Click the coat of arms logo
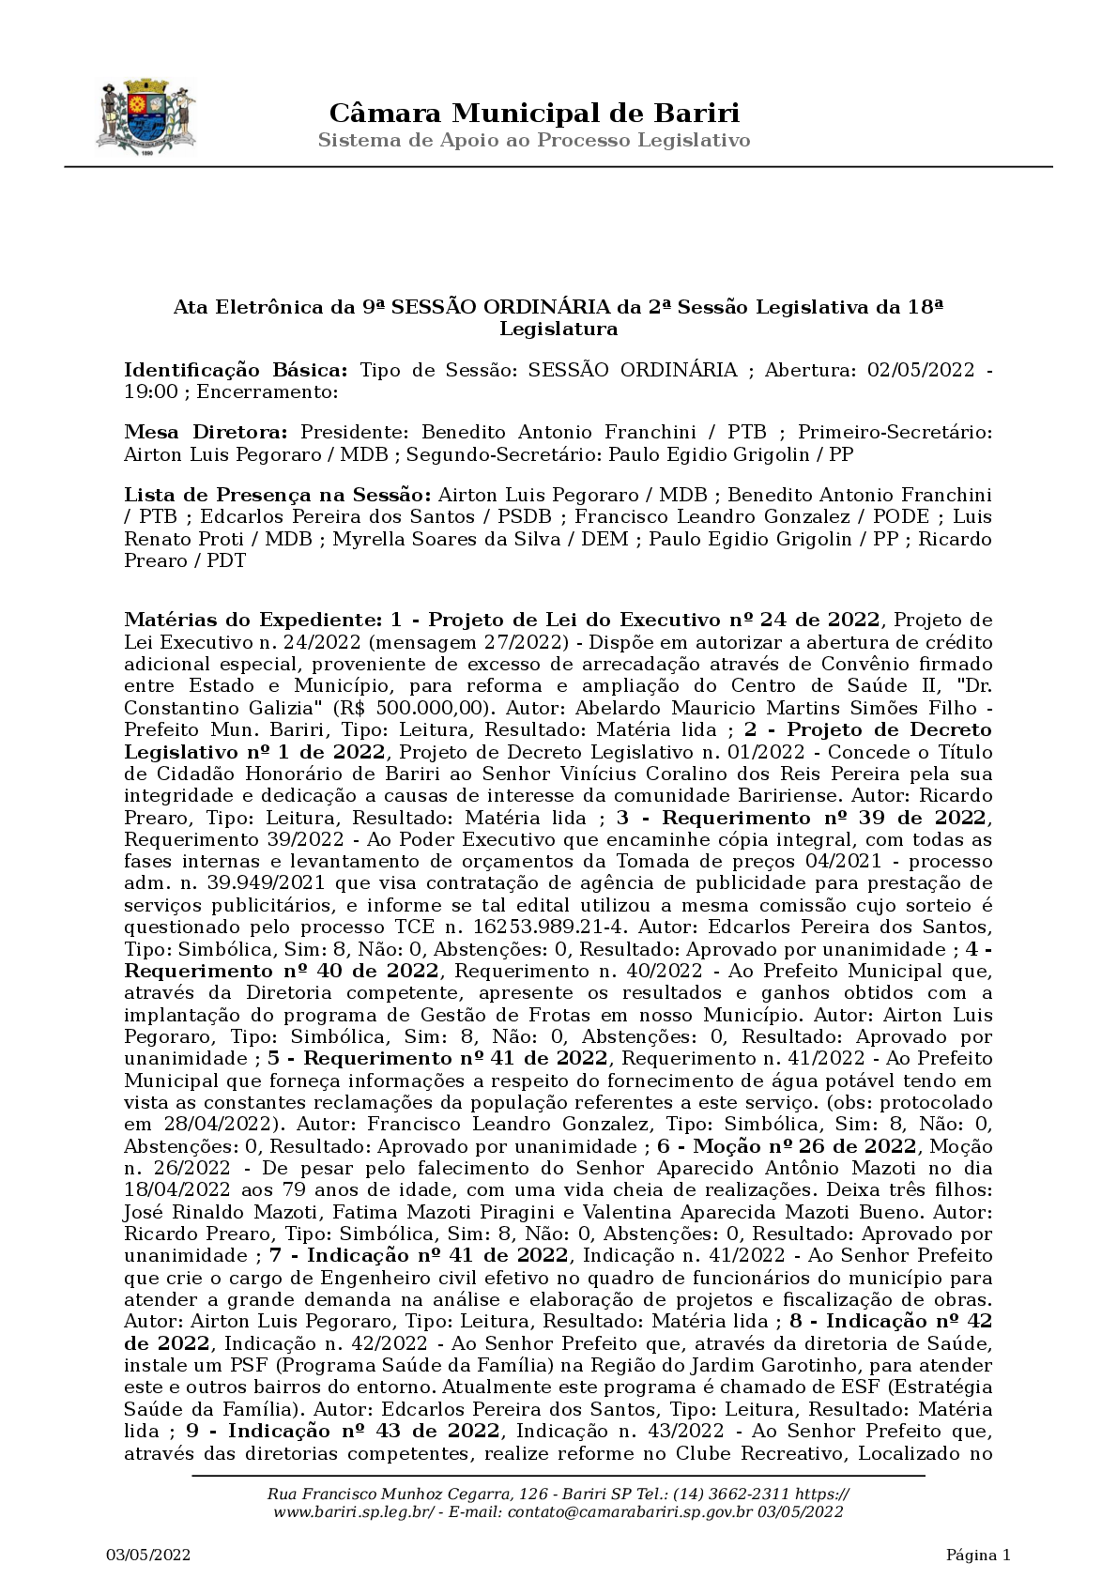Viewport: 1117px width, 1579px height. (x=145, y=117)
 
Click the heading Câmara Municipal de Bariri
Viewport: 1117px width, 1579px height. (x=534, y=114)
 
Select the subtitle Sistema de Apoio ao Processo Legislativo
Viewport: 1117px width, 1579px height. (x=534, y=141)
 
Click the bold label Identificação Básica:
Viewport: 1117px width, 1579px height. (x=236, y=369)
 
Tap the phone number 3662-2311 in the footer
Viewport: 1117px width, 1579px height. (x=746, y=1495)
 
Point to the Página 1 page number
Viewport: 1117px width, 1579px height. (x=978, y=1556)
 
